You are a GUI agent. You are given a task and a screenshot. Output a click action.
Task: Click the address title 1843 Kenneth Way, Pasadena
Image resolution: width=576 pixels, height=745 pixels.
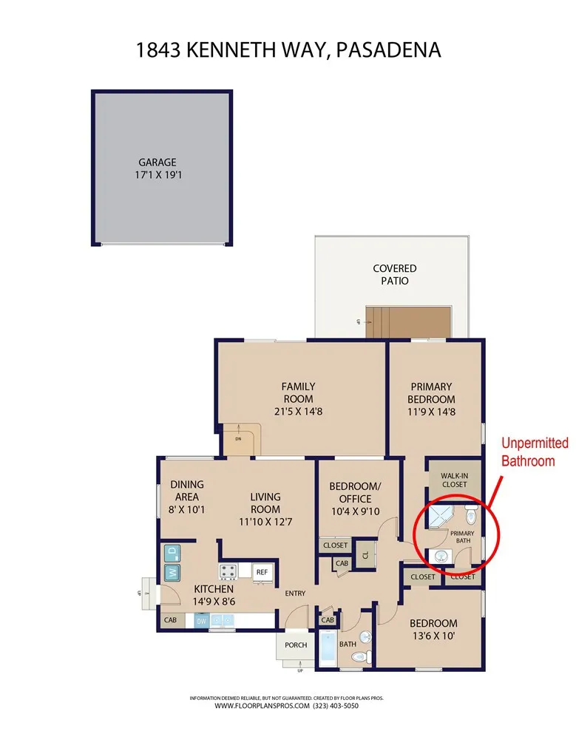[288, 50]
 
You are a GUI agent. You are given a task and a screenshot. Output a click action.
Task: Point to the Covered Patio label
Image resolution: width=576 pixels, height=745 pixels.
[394, 274]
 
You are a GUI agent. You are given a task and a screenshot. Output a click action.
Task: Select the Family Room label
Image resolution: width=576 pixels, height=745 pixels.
[299, 392]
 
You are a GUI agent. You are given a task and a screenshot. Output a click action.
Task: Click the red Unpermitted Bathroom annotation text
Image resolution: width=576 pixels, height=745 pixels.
[535, 452]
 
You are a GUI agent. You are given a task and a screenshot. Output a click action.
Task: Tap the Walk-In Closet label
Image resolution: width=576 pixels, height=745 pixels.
[454, 480]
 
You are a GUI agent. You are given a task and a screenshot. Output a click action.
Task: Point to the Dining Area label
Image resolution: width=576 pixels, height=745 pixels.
[186, 491]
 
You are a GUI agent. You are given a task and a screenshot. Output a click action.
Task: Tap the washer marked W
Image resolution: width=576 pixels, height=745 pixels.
[171, 573]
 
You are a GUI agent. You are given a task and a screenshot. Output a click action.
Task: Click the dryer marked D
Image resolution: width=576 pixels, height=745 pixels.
[171, 551]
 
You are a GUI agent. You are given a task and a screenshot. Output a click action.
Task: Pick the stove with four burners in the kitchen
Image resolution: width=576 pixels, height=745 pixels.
[228, 571]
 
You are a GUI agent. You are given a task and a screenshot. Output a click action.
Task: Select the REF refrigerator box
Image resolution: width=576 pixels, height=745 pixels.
[262, 572]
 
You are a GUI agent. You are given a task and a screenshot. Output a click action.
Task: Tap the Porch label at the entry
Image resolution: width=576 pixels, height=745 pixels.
[296, 644]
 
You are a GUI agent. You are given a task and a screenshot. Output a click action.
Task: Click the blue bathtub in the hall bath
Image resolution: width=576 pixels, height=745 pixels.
[328, 649]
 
